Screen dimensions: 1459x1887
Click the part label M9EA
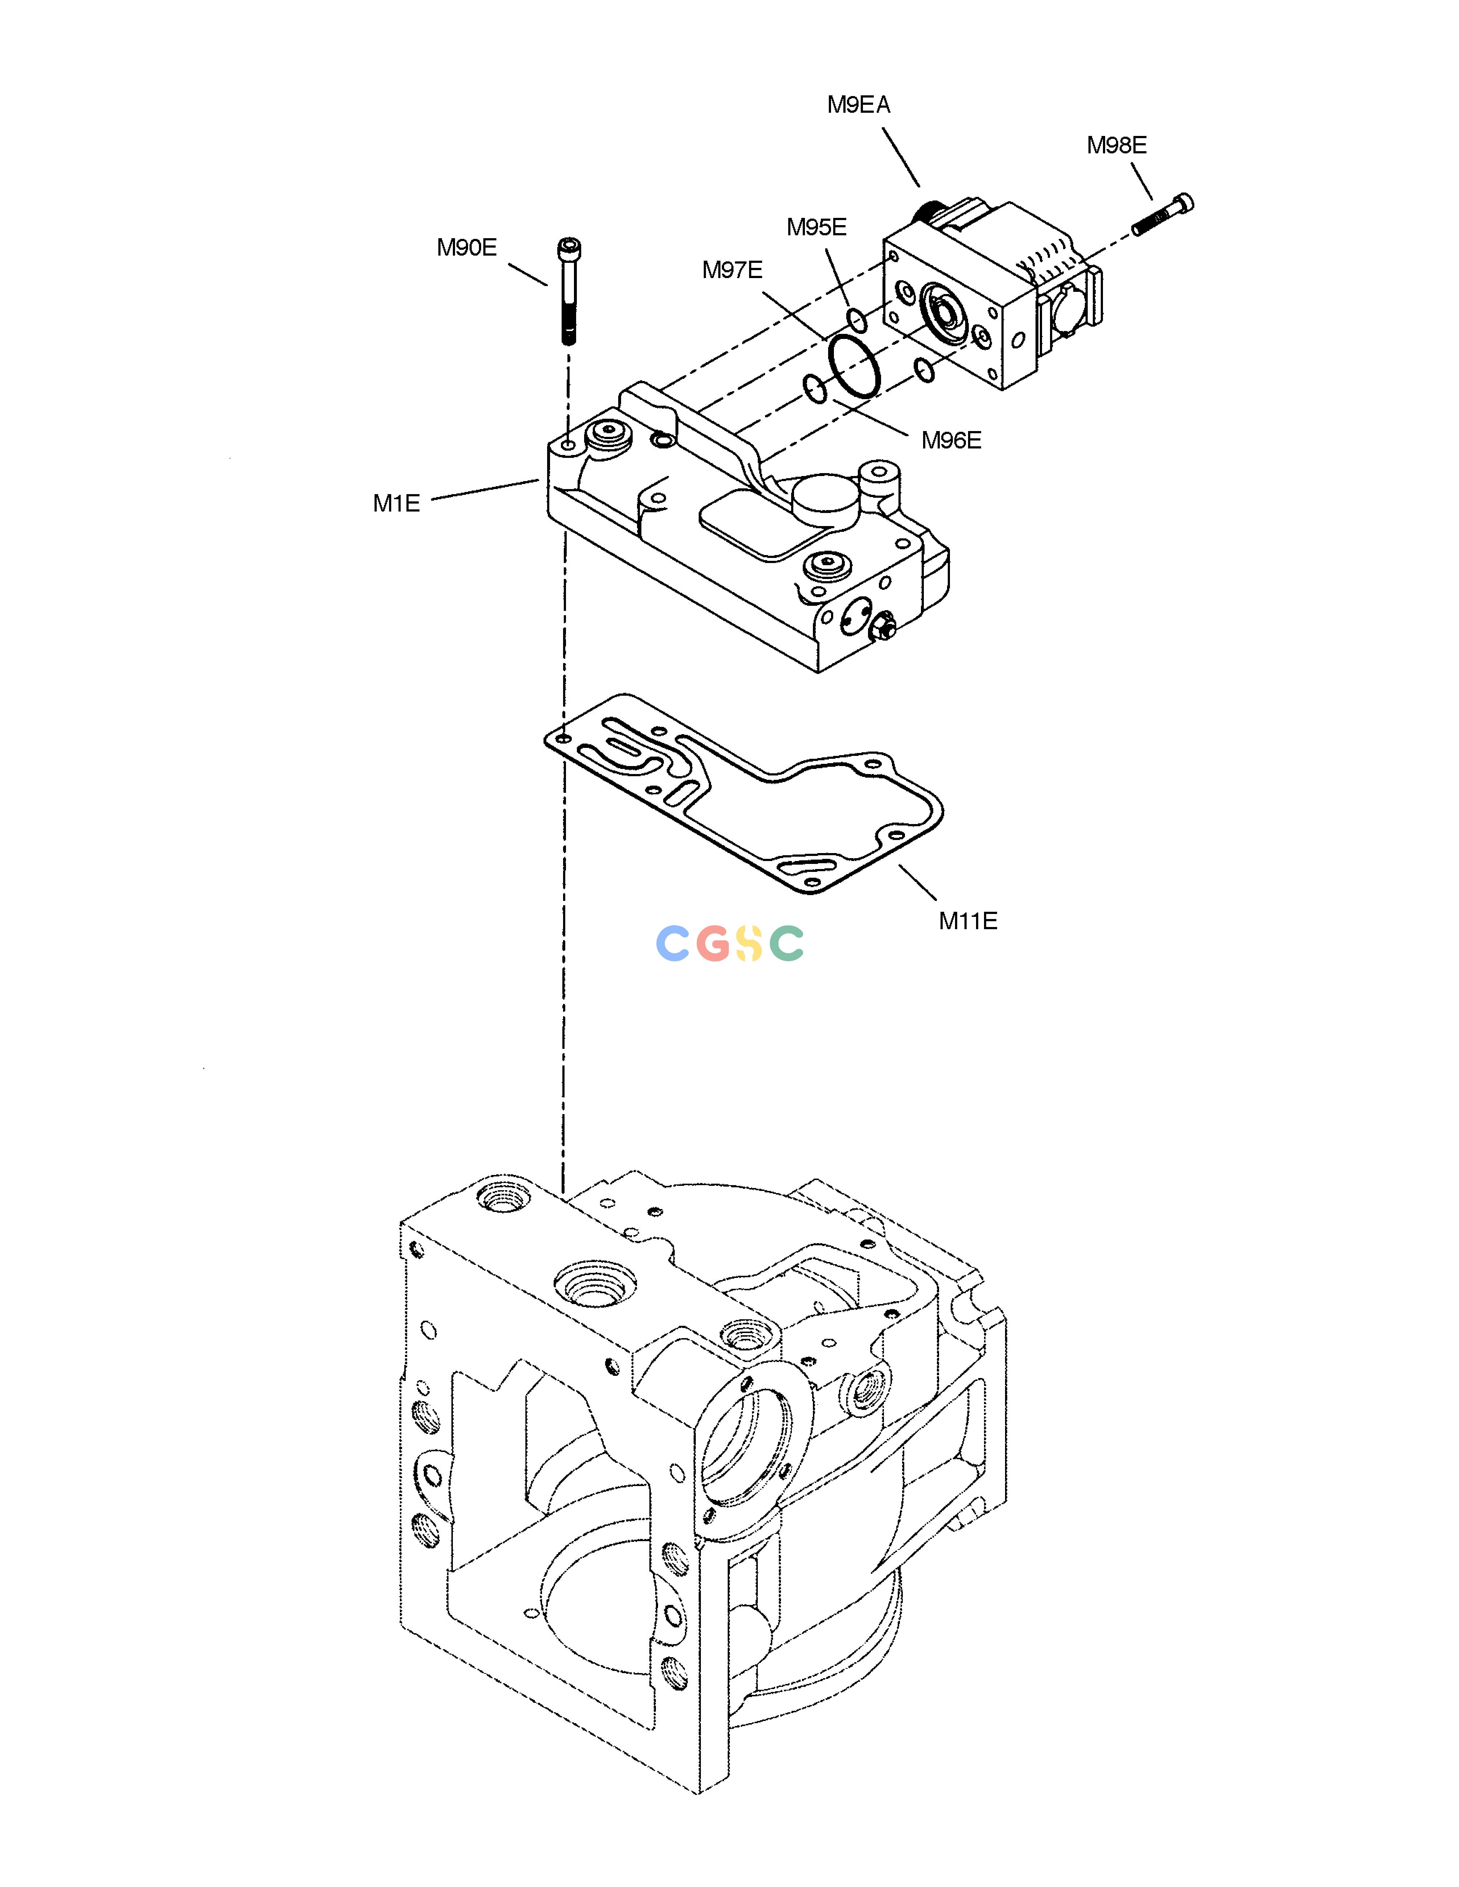coord(858,104)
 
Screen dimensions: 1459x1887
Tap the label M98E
coord(1117,145)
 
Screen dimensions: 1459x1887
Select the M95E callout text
coord(816,227)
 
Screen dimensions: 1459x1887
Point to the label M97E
coord(732,270)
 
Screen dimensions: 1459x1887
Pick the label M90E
coord(467,248)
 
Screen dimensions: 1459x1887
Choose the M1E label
coord(397,503)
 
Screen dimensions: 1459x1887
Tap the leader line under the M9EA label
coord(901,157)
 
